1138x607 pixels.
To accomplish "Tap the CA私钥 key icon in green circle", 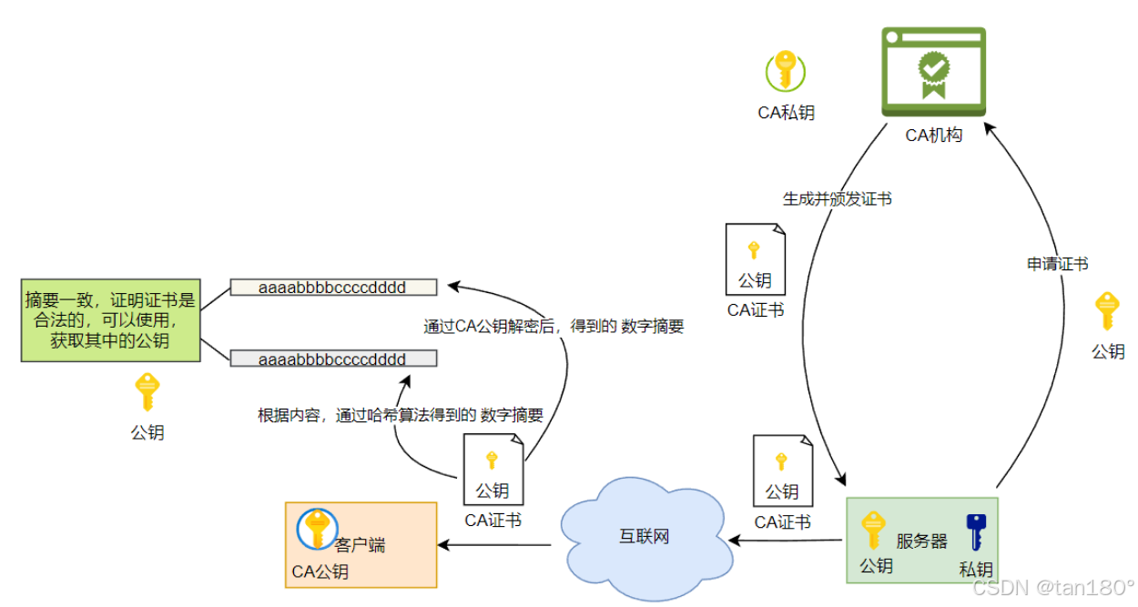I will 786,71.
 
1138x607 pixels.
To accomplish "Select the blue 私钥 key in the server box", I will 976,531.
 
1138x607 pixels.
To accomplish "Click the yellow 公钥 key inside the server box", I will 873,530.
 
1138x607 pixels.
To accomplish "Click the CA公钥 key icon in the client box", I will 316,528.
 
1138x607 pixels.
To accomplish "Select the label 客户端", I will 360,545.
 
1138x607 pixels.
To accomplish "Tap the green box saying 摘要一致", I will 110,320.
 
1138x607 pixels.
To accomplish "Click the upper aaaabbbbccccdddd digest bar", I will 332,288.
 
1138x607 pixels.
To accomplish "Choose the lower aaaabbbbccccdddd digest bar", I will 332,359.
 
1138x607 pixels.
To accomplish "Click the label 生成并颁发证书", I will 837,198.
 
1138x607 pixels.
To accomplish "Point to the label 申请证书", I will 1057,264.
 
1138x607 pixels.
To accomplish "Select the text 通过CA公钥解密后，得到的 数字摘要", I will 554,327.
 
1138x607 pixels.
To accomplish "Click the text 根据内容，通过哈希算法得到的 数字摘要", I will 401,416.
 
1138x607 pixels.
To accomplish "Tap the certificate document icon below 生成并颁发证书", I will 755,258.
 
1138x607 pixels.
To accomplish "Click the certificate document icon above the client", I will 493,469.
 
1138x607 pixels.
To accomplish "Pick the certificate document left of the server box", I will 782,470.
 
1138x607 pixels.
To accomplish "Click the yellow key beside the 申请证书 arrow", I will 1107,311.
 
